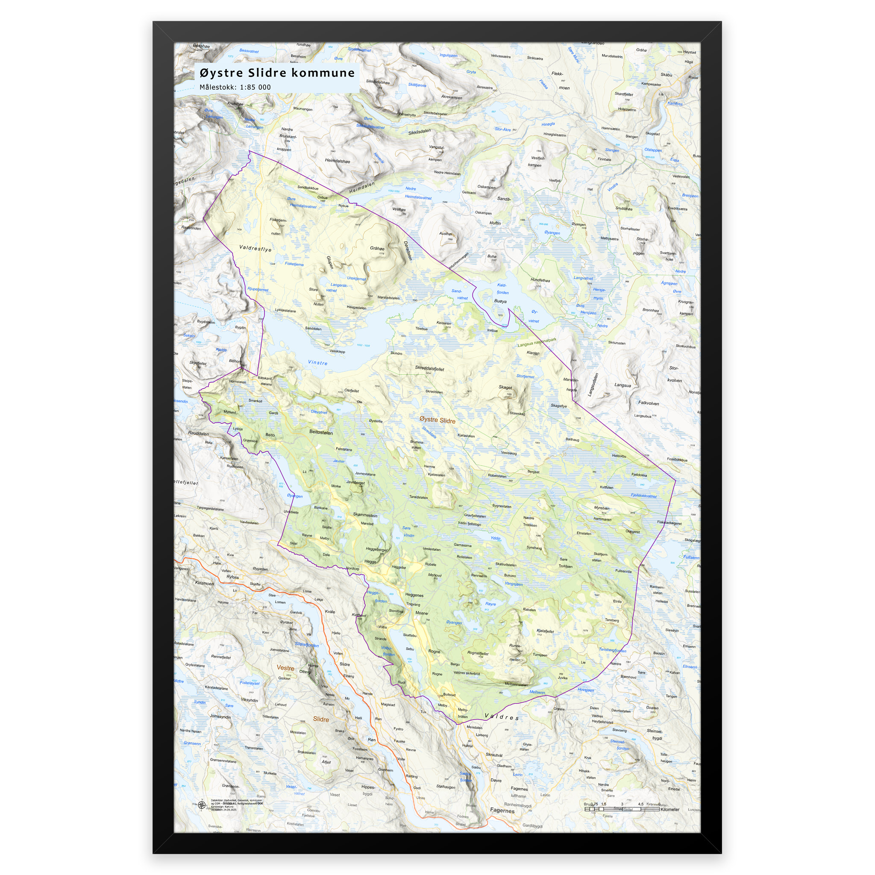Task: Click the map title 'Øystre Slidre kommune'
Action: click(277, 73)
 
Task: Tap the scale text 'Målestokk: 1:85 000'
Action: click(235, 88)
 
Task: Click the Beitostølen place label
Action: click(321, 432)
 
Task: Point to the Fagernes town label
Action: click(502, 810)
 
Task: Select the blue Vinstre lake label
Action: click(317, 363)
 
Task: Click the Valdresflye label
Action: click(255, 248)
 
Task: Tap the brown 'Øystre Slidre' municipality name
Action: click(437, 420)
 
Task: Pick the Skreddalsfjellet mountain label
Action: click(429, 368)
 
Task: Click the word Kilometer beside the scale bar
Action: click(669, 809)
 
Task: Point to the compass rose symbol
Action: click(202, 805)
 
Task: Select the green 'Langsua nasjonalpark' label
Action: click(537, 342)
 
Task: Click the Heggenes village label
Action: click(414, 595)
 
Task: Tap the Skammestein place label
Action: click(365, 515)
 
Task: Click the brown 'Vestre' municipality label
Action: click(285, 668)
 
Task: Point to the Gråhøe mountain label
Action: click(377, 248)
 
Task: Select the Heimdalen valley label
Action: click(362, 188)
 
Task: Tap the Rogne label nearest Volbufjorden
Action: click(434, 651)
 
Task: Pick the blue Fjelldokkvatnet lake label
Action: click(643, 496)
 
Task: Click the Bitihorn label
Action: click(235, 361)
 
